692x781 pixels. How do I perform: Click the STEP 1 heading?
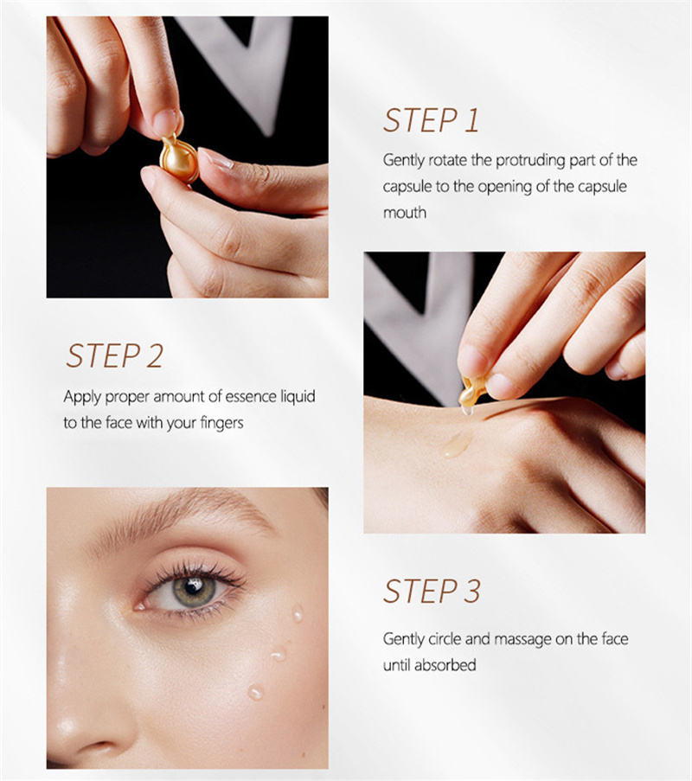[x=431, y=120]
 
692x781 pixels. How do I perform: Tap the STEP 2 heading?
[x=114, y=355]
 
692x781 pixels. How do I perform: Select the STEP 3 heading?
[x=432, y=592]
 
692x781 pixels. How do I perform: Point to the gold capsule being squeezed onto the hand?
[x=472, y=392]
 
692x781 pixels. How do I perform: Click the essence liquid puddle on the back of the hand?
[x=455, y=445]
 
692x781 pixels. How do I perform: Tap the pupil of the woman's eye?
[x=193, y=586]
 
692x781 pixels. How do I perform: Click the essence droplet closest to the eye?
[x=298, y=614]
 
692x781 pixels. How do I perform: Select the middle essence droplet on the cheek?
[x=278, y=654]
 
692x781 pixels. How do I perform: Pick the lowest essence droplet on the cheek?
[x=255, y=692]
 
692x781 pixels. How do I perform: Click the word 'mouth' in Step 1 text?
[x=405, y=213]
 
